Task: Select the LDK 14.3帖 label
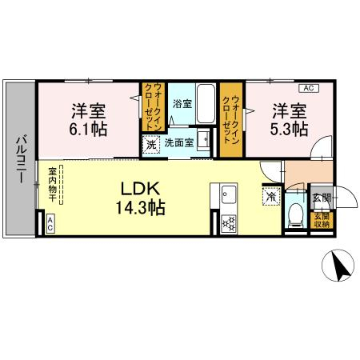pyautogui.click(x=143, y=198)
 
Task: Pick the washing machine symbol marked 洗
pyautogui.click(x=152, y=144)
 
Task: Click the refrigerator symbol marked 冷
pyautogui.click(x=271, y=194)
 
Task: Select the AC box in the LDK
pyautogui.click(x=50, y=226)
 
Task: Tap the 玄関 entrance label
pyautogui.click(x=319, y=197)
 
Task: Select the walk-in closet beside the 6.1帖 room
pyautogui.click(x=152, y=106)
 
